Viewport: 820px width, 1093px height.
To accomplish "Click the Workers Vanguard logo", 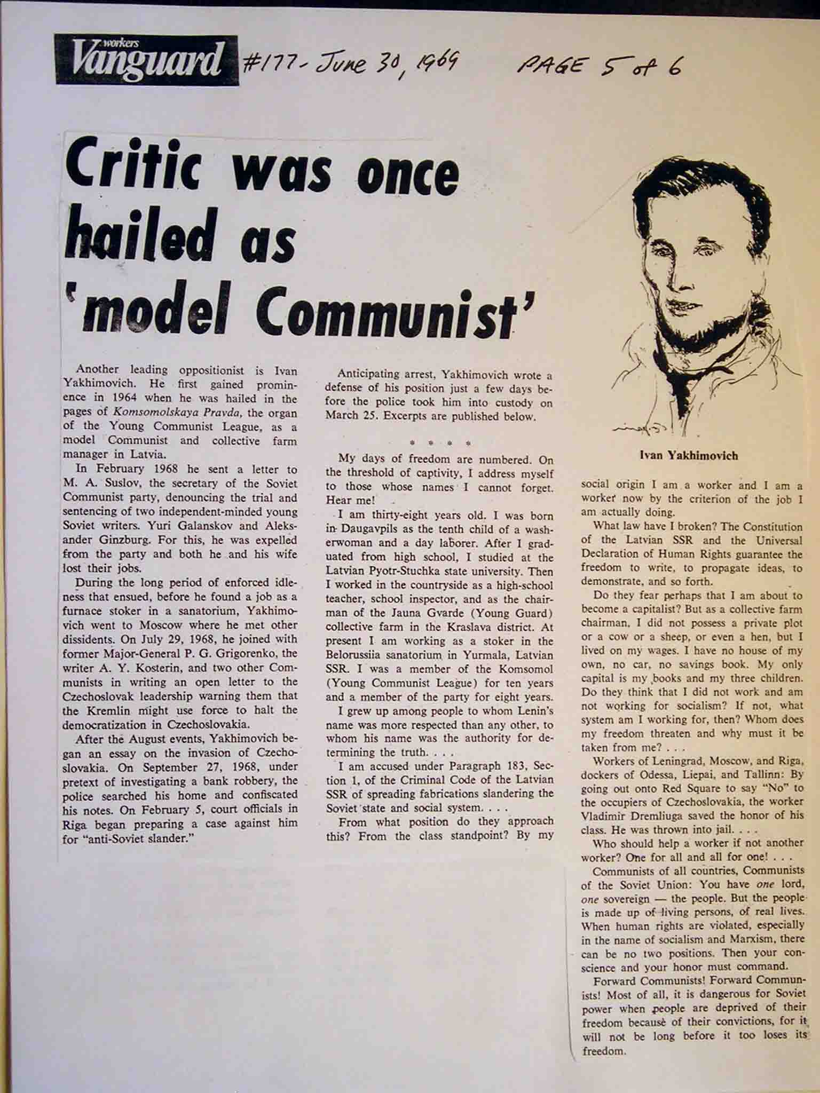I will (146, 60).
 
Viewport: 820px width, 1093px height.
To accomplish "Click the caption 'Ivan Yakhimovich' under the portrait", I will (689, 455).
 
